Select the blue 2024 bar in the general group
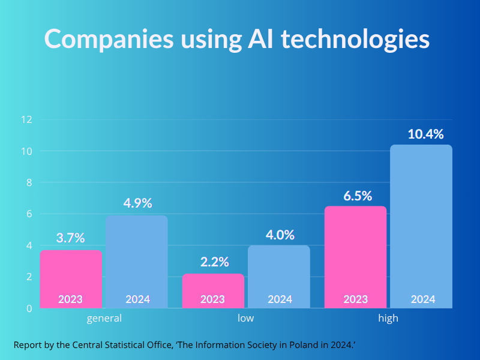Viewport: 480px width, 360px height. (x=137, y=261)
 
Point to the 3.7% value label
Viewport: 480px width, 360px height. (x=71, y=238)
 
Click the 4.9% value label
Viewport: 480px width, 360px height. (x=137, y=203)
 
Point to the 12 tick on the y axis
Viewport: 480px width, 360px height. (x=26, y=119)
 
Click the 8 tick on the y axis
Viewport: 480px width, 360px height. (x=28, y=182)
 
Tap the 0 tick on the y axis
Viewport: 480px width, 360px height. (x=28, y=308)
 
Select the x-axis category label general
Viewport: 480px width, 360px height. (x=104, y=319)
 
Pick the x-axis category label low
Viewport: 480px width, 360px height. (x=246, y=318)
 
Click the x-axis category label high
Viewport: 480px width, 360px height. (x=388, y=319)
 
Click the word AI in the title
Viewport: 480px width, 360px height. (x=262, y=39)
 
